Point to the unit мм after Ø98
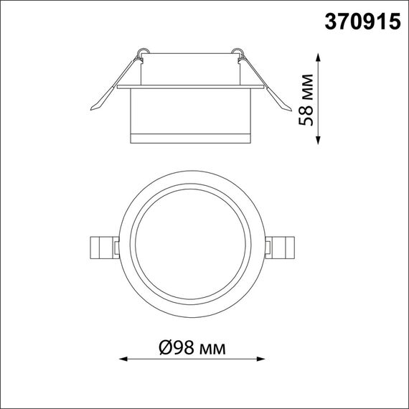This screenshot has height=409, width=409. click(x=213, y=349)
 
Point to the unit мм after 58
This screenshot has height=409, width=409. click(x=306, y=85)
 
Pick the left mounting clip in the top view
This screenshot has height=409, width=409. click(x=101, y=248)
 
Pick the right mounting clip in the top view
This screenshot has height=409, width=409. click(x=281, y=248)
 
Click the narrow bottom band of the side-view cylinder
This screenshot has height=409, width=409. click(x=190, y=138)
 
